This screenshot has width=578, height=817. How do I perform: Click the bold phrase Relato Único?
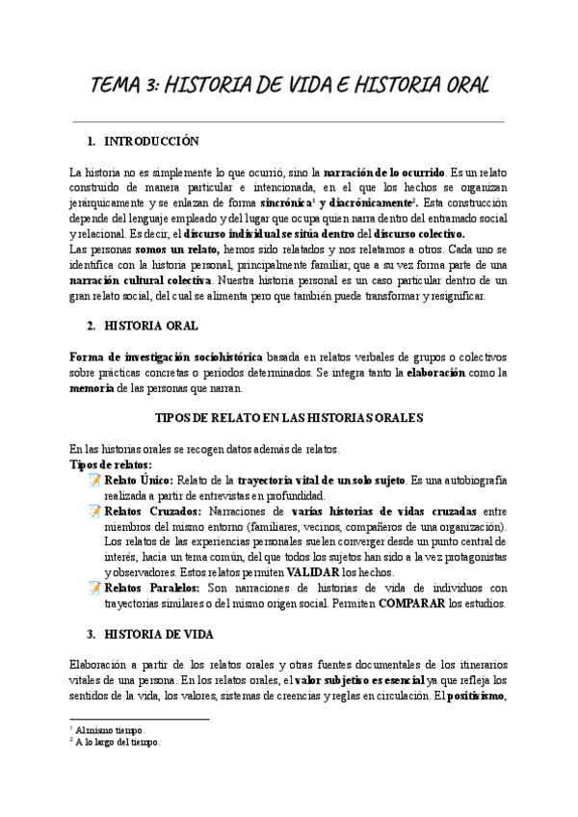point(139,480)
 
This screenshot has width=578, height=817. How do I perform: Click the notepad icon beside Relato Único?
point(94,480)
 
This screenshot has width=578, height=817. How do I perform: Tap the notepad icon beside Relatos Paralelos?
point(94,588)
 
